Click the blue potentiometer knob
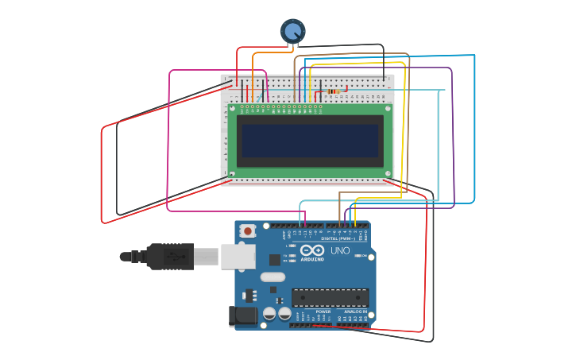click(x=292, y=32)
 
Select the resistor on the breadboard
click(x=336, y=91)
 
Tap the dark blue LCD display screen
click(x=310, y=141)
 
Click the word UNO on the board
click(x=340, y=251)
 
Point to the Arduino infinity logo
click(x=311, y=251)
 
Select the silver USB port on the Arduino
click(x=238, y=256)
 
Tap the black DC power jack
click(x=243, y=316)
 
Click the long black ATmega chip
click(x=330, y=297)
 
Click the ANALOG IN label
click(x=350, y=312)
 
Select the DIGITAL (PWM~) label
click(x=338, y=238)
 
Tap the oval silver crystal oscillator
click(x=272, y=277)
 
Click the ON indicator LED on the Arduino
click(x=362, y=256)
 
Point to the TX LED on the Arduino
click(x=292, y=255)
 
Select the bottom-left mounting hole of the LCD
click(x=233, y=173)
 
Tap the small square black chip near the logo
click(x=275, y=259)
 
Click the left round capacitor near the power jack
click(x=269, y=314)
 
